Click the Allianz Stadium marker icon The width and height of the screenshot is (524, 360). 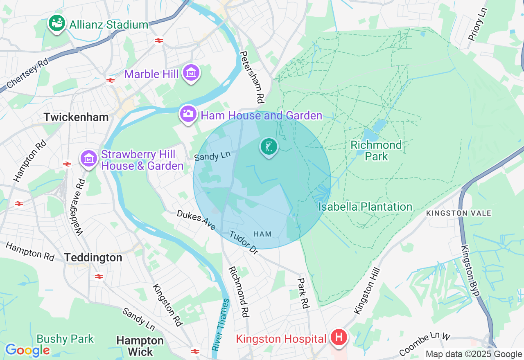(x=57, y=23)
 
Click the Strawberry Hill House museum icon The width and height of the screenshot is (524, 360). (x=88, y=158)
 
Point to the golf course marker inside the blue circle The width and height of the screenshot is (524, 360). (x=269, y=146)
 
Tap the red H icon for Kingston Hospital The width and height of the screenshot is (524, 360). (x=339, y=338)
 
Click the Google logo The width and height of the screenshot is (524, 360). (x=27, y=350)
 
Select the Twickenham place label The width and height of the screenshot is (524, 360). (x=76, y=117)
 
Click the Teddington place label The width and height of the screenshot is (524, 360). (x=93, y=258)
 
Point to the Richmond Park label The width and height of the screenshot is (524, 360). (x=376, y=151)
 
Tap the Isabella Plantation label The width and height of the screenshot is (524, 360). (x=365, y=207)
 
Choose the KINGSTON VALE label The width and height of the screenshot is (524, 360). (x=458, y=213)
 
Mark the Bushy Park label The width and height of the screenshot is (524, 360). (x=65, y=339)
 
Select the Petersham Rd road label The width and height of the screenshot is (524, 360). (x=252, y=77)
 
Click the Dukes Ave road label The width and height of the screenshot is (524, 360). (x=196, y=220)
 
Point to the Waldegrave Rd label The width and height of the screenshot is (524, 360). (x=81, y=207)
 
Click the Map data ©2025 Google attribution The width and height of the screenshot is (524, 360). (x=474, y=354)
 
